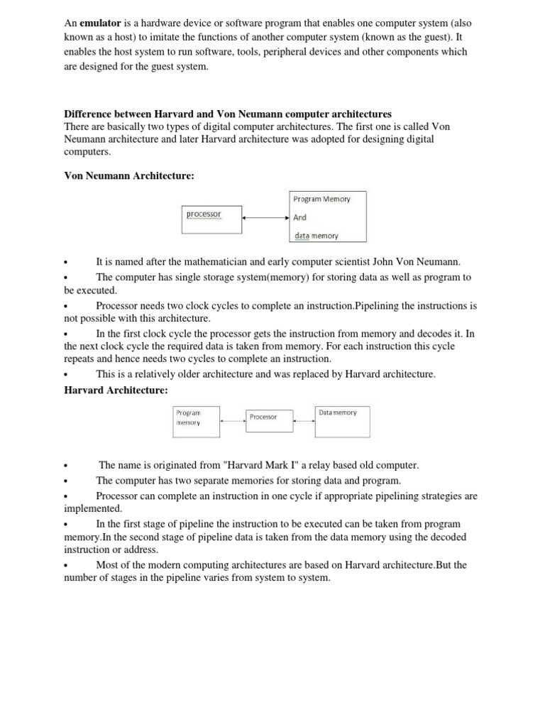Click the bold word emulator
click(101, 22)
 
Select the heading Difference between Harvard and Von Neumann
click(228, 114)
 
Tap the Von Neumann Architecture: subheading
click(129, 175)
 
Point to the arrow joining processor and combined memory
click(265, 218)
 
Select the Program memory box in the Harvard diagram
click(197, 421)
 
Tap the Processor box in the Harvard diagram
click(270, 421)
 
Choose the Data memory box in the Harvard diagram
click(343, 420)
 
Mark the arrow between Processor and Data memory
click(304, 421)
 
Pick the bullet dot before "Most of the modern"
click(65, 566)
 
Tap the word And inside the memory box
click(299, 218)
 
